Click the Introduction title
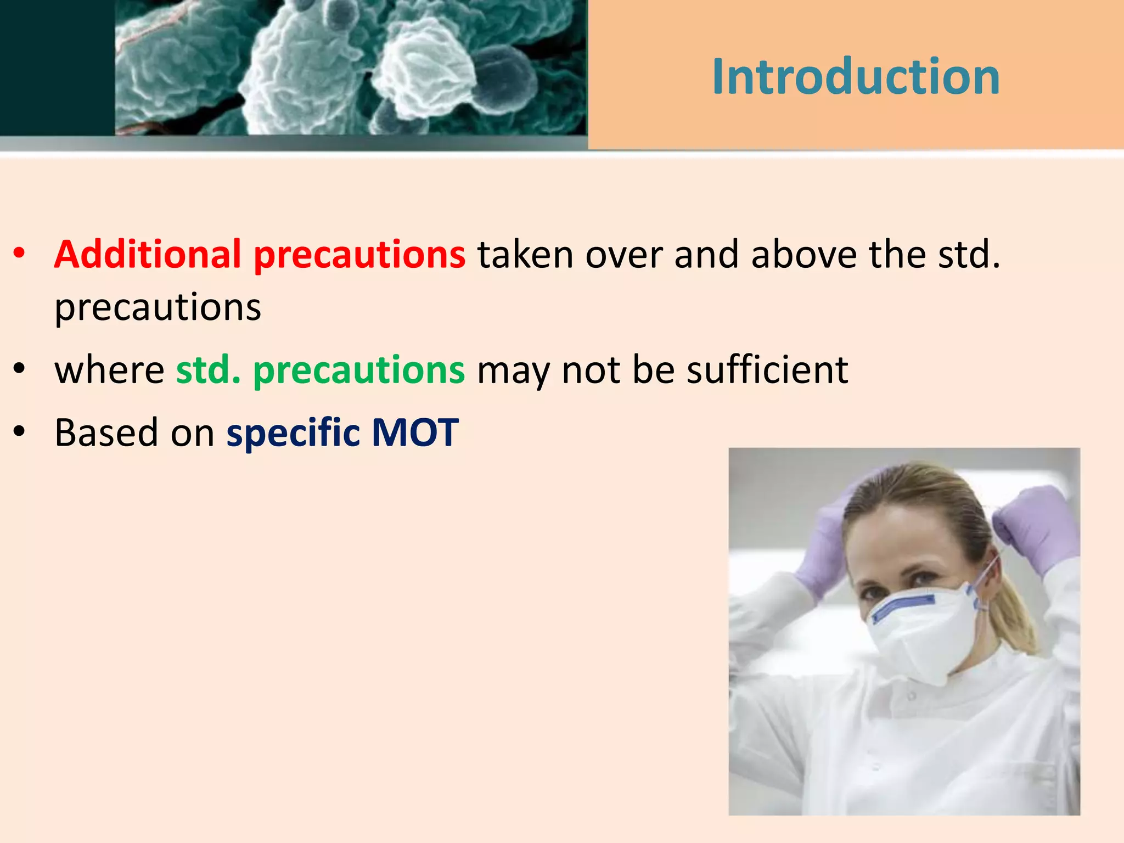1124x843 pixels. [855, 77]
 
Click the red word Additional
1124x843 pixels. [147, 255]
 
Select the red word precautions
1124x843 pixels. [359, 256]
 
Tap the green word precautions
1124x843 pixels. [359, 371]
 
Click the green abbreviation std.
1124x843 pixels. [208, 370]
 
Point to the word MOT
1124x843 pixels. [415, 433]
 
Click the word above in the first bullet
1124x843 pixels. [803, 255]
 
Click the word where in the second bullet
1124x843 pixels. [109, 370]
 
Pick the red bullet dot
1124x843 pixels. [20, 254]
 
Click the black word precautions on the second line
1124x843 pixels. [158, 307]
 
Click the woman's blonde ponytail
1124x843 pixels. [1013, 615]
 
